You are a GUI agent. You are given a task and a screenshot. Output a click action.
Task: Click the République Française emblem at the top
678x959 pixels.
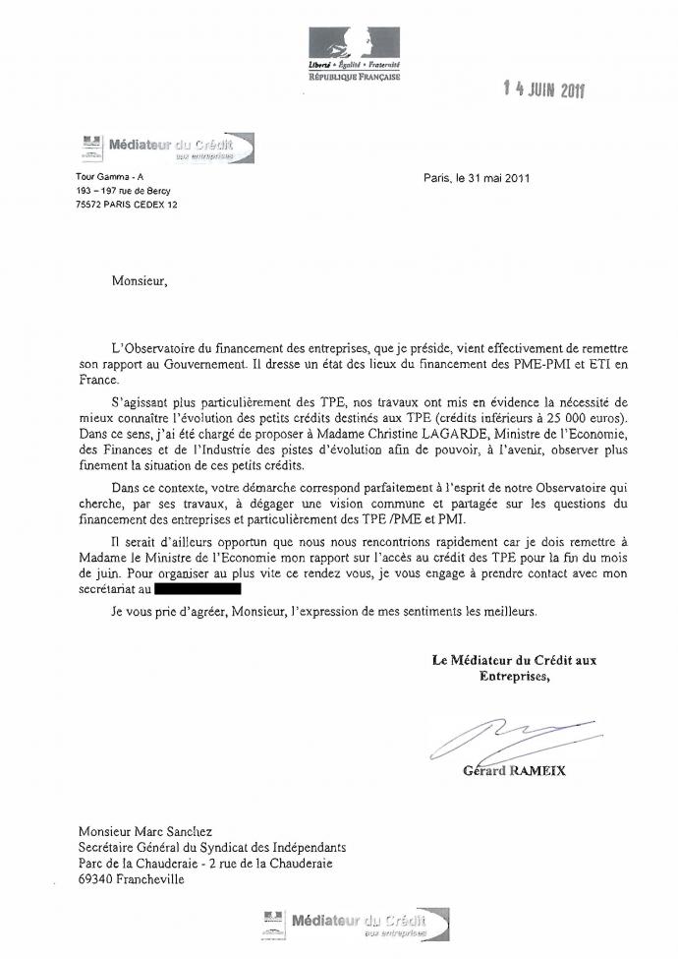coord(353,53)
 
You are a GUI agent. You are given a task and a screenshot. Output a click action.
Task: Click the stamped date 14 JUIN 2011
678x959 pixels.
coord(543,90)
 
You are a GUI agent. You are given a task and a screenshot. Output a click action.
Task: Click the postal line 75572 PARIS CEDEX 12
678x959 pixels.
coord(127,205)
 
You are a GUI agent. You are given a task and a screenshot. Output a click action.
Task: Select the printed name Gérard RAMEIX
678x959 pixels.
coord(514,771)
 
